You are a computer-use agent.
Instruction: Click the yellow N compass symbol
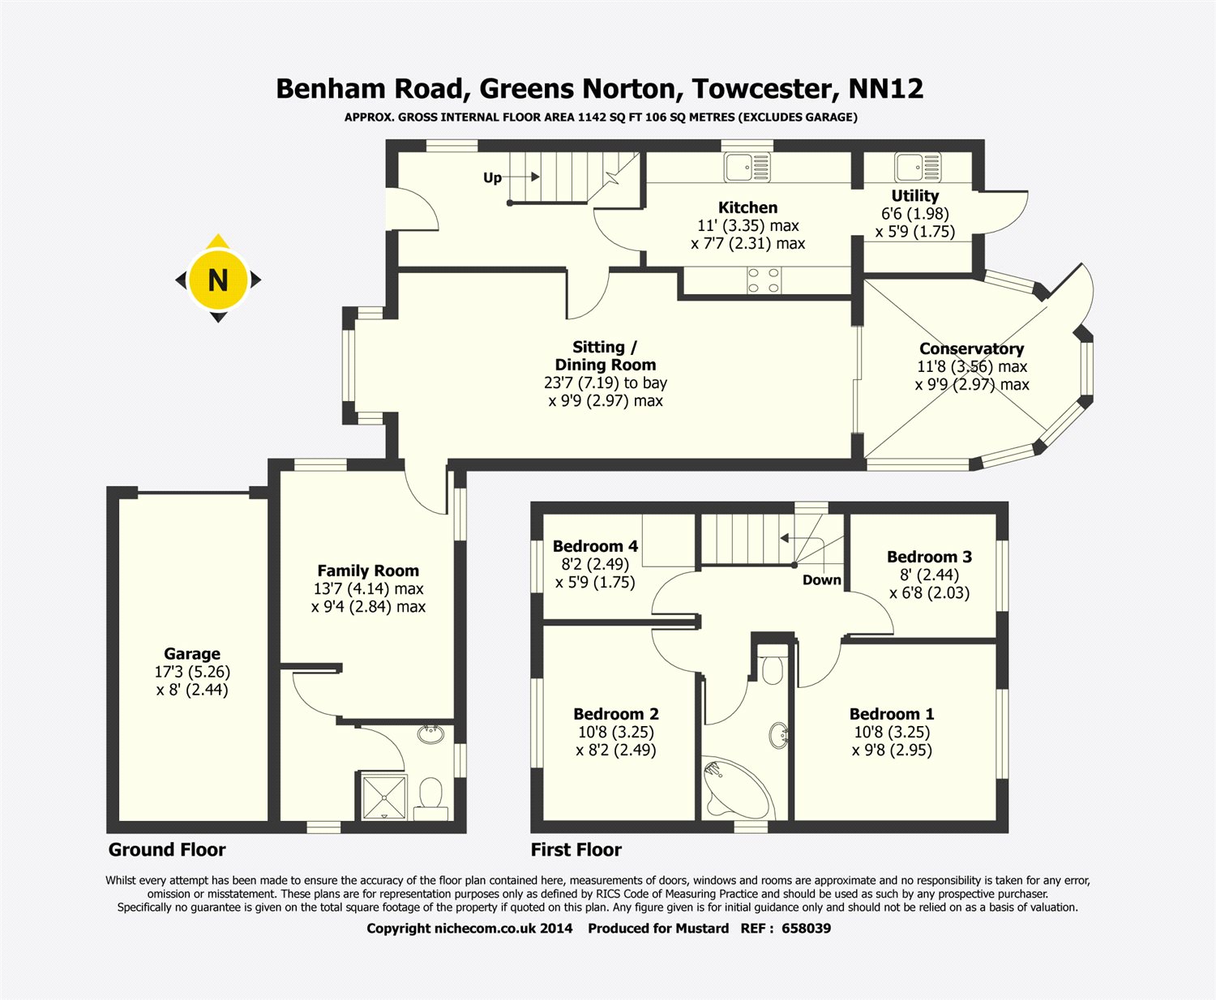click(217, 280)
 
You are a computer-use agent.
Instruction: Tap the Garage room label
click(192, 654)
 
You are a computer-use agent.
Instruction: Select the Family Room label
click(368, 571)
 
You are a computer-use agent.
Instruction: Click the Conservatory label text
click(971, 348)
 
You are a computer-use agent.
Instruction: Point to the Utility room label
click(914, 195)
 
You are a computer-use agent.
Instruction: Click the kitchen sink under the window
click(747, 168)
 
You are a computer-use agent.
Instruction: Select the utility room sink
click(917, 167)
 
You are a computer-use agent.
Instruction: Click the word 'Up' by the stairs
click(492, 177)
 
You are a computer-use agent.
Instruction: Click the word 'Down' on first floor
click(821, 579)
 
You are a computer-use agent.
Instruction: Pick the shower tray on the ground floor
click(383, 797)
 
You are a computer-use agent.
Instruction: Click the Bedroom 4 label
click(595, 546)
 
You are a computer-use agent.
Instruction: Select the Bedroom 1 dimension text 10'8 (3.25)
click(892, 732)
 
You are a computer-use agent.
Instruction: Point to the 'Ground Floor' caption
click(167, 849)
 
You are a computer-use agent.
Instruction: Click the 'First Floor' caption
click(576, 849)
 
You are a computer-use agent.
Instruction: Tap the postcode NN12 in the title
click(885, 88)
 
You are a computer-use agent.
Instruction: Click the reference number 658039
click(806, 928)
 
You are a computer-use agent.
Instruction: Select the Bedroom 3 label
click(929, 557)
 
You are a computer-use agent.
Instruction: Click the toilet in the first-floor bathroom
click(773, 669)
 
